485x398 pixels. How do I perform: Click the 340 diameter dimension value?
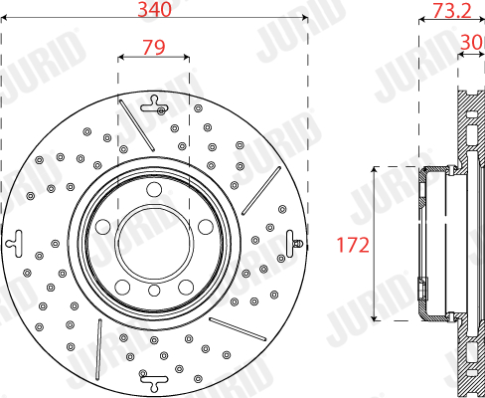pyautogui.click(x=154, y=9)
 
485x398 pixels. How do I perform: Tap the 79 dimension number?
pyautogui.click(x=154, y=47)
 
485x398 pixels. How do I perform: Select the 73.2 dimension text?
pyautogui.click(x=452, y=10)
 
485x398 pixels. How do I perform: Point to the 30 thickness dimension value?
pyautogui.click(x=472, y=42)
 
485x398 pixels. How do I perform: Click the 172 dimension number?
pyautogui.click(x=353, y=245)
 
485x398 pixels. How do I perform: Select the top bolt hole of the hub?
pyautogui.click(x=154, y=190)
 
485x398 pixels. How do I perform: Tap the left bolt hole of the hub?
pyautogui.click(x=103, y=227)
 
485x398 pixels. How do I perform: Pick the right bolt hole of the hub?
pyautogui.click(x=206, y=227)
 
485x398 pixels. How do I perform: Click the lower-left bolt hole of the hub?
pyautogui.click(x=122, y=287)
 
